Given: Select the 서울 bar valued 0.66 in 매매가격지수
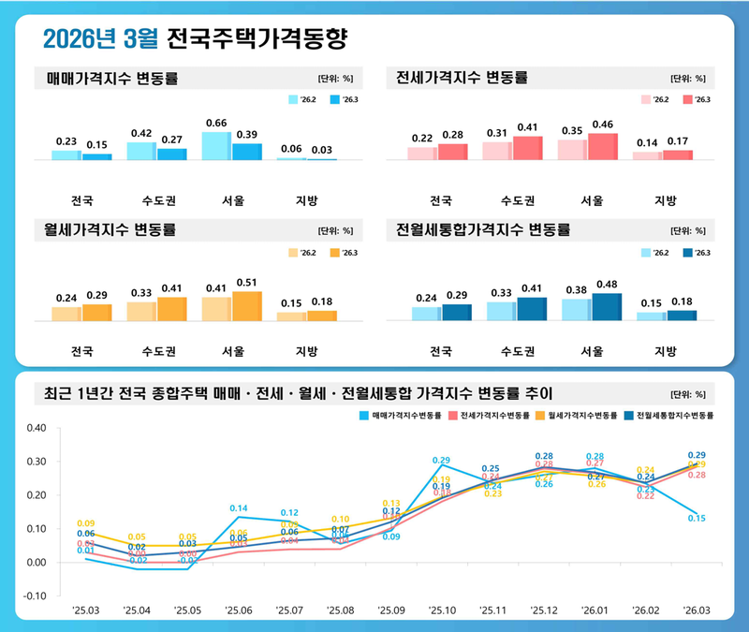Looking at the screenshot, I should pos(215,146).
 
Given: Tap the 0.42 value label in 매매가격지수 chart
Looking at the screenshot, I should pos(141,134).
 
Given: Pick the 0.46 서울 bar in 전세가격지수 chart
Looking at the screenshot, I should pos(602,147).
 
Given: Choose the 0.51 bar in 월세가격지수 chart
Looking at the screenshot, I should pos(246,306).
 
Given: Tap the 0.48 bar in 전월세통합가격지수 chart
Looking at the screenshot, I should pos(606,307).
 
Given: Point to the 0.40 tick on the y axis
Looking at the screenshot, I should pos(37,429).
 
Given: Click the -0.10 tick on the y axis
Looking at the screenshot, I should pos(36,595).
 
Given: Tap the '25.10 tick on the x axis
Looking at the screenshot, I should pos(441,610).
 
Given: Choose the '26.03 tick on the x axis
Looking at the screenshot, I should pos(696,610).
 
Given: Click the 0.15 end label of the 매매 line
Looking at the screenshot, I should pos(697,518).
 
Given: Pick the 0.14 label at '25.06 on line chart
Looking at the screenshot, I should pos(238,508).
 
